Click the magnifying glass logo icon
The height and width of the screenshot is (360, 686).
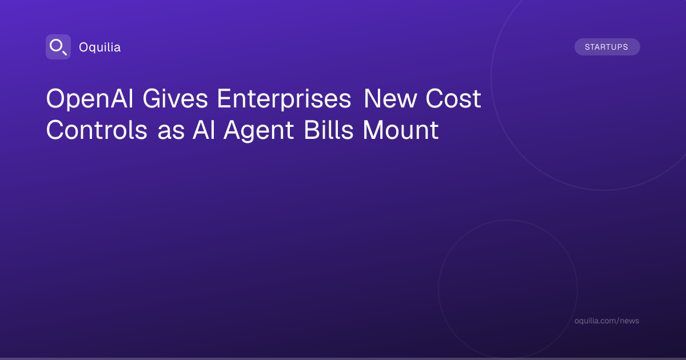pyautogui.click(x=58, y=47)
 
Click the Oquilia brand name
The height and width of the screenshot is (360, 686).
pyautogui.click(x=100, y=47)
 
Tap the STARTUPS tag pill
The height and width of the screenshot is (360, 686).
pyautogui.click(x=607, y=47)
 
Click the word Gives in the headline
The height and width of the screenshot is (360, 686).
pyautogui.click(x=175, y=98)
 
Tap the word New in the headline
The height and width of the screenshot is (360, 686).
pyautogui.click(x=390, y=98)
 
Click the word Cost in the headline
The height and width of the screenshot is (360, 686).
pyautogui.click(x=453, y=98)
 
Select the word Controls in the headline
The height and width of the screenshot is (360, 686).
pyautogui.click(x=97, y=130)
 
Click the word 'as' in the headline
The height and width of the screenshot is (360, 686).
pyautogui.click(x=171, y=132)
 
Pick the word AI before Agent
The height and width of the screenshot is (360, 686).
pyautogui.click(x=204, y=130)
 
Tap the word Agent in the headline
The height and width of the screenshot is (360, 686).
pyautogui.click(x=259, y=131)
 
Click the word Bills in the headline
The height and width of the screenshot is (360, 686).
pyautogui.click(x=329, y=130)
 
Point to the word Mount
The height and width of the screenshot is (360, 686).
pyautogui.click(x=401, y=130)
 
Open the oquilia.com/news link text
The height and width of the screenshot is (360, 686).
pyautogui.click(x=607, y=321)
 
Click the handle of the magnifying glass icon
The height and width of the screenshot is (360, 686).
pyautogui.click(x=64, y=53)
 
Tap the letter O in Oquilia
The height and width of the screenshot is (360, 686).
pyautogui.click(x=83, y=47)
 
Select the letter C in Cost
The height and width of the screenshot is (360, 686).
pyautogui.click(x=435, y=98)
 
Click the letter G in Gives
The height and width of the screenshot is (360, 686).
pyautogui.click(x=152, y=98)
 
